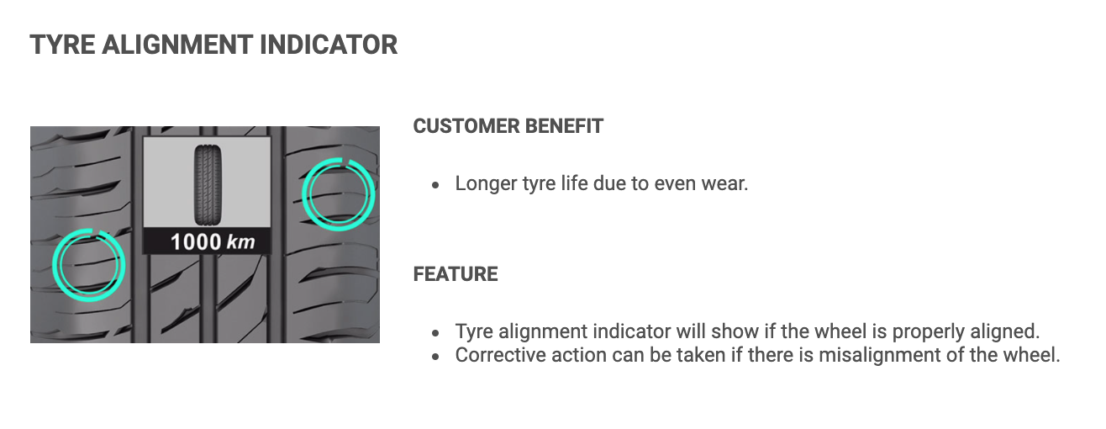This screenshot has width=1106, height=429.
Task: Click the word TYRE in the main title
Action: [x=62, y=45]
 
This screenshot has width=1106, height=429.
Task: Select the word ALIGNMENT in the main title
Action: [x=177, y=45]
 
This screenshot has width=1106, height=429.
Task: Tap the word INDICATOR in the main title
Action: [x=329, y=45]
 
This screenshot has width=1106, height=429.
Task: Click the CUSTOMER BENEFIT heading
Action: [x=508, y=126]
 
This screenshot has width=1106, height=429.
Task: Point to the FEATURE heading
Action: [x=456, y=274]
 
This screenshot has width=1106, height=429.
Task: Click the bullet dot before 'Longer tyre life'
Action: [x=435, y=185]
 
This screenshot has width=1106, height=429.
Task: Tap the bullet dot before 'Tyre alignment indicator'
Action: [x=435, y=334]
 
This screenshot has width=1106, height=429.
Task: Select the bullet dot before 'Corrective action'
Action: [x=435, y=357]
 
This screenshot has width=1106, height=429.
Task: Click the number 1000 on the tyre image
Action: [x=196, y=242]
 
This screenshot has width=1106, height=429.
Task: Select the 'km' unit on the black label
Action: [x=241, y=242]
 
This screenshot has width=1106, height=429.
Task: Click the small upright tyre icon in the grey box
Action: [x=208, y=184]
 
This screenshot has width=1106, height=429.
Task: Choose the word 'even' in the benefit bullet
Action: [x=675, y=185]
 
